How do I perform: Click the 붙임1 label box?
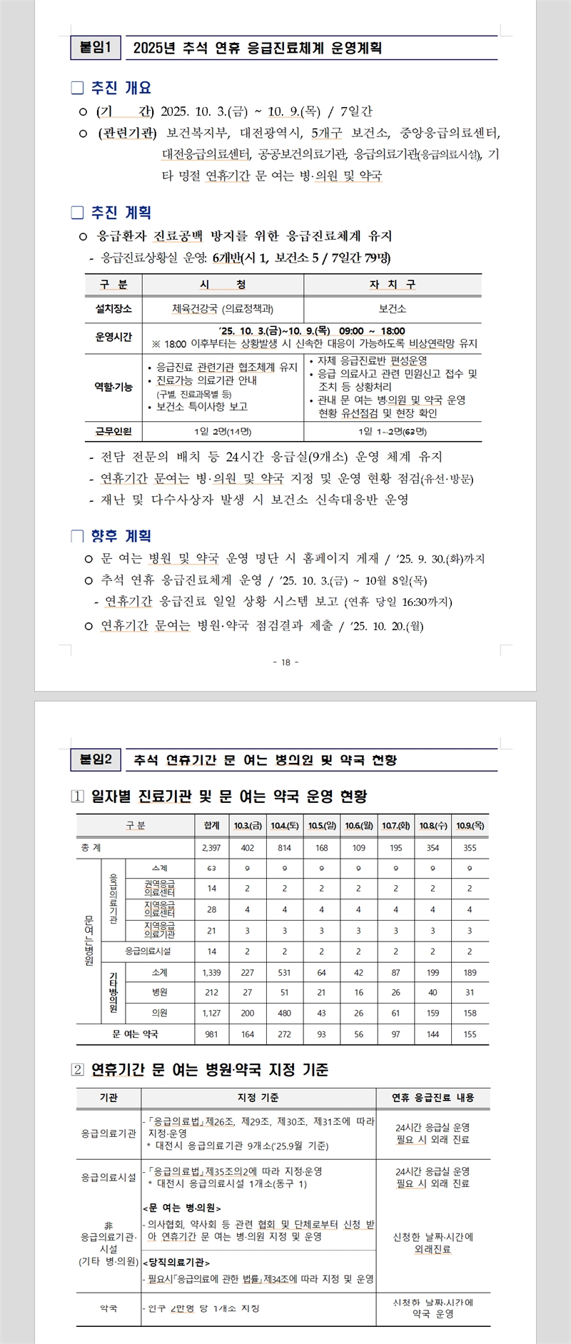coord(96,48)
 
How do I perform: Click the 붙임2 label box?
coord(96,759)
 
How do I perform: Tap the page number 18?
coord(285,662)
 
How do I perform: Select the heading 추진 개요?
coord(121,88)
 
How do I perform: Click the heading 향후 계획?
coord(121,536)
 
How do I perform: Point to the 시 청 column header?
coord(223,285)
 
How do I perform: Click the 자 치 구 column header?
coord(392,285)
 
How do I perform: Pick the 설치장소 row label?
coord(113,309)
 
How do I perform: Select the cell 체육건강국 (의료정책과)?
coord(223,309)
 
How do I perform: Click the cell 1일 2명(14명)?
coord(223,431)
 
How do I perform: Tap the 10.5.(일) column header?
coord(322,825)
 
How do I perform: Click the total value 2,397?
coord(211,848)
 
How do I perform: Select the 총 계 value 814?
coord(285,848)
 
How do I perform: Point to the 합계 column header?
coord(211,825)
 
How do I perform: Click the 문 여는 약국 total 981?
coord(211,1034)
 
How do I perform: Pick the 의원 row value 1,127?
coord(211,1013)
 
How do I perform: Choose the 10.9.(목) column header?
coord(470,825)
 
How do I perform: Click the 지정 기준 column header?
coord(258,1098)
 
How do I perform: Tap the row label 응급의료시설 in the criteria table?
coord(108,1177)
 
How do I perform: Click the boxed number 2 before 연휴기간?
coord(78,1069)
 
